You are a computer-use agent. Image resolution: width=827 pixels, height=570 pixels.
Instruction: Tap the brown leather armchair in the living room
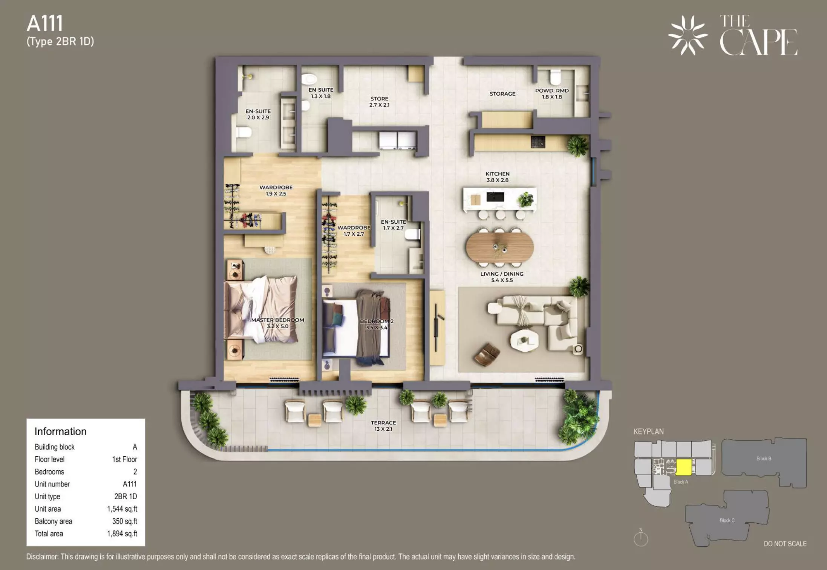coord(487,354)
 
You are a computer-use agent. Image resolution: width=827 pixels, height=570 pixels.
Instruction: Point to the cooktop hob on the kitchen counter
coord(538,142)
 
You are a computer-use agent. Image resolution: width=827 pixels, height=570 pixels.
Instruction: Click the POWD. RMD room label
coord(552,90)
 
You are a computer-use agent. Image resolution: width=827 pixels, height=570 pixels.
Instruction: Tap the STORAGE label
coord(502,94)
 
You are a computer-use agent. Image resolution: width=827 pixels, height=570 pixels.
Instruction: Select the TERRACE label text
coord(383,423)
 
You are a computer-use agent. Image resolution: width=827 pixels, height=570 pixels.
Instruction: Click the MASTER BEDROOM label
coord(278,320)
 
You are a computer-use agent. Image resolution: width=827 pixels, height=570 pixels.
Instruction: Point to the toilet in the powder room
coord(555,77)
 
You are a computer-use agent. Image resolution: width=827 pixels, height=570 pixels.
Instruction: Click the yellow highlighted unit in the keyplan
coord(683,467)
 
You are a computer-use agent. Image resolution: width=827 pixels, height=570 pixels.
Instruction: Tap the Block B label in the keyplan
coord(764,459)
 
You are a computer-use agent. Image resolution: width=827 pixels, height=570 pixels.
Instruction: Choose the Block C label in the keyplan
coord(727,520)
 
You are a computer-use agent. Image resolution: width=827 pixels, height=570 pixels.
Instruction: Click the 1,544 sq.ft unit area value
coord(122,509)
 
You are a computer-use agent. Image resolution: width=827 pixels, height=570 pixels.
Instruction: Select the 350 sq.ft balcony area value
coord(125,521)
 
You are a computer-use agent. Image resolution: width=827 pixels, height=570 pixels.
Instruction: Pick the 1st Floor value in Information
coord(125,459)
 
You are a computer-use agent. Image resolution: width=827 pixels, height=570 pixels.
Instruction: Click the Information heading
coord(60,431)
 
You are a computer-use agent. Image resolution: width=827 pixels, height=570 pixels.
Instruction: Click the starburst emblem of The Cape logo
coord(688,35)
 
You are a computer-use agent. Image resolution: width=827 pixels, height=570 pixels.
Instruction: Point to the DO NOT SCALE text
coord(785,544)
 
